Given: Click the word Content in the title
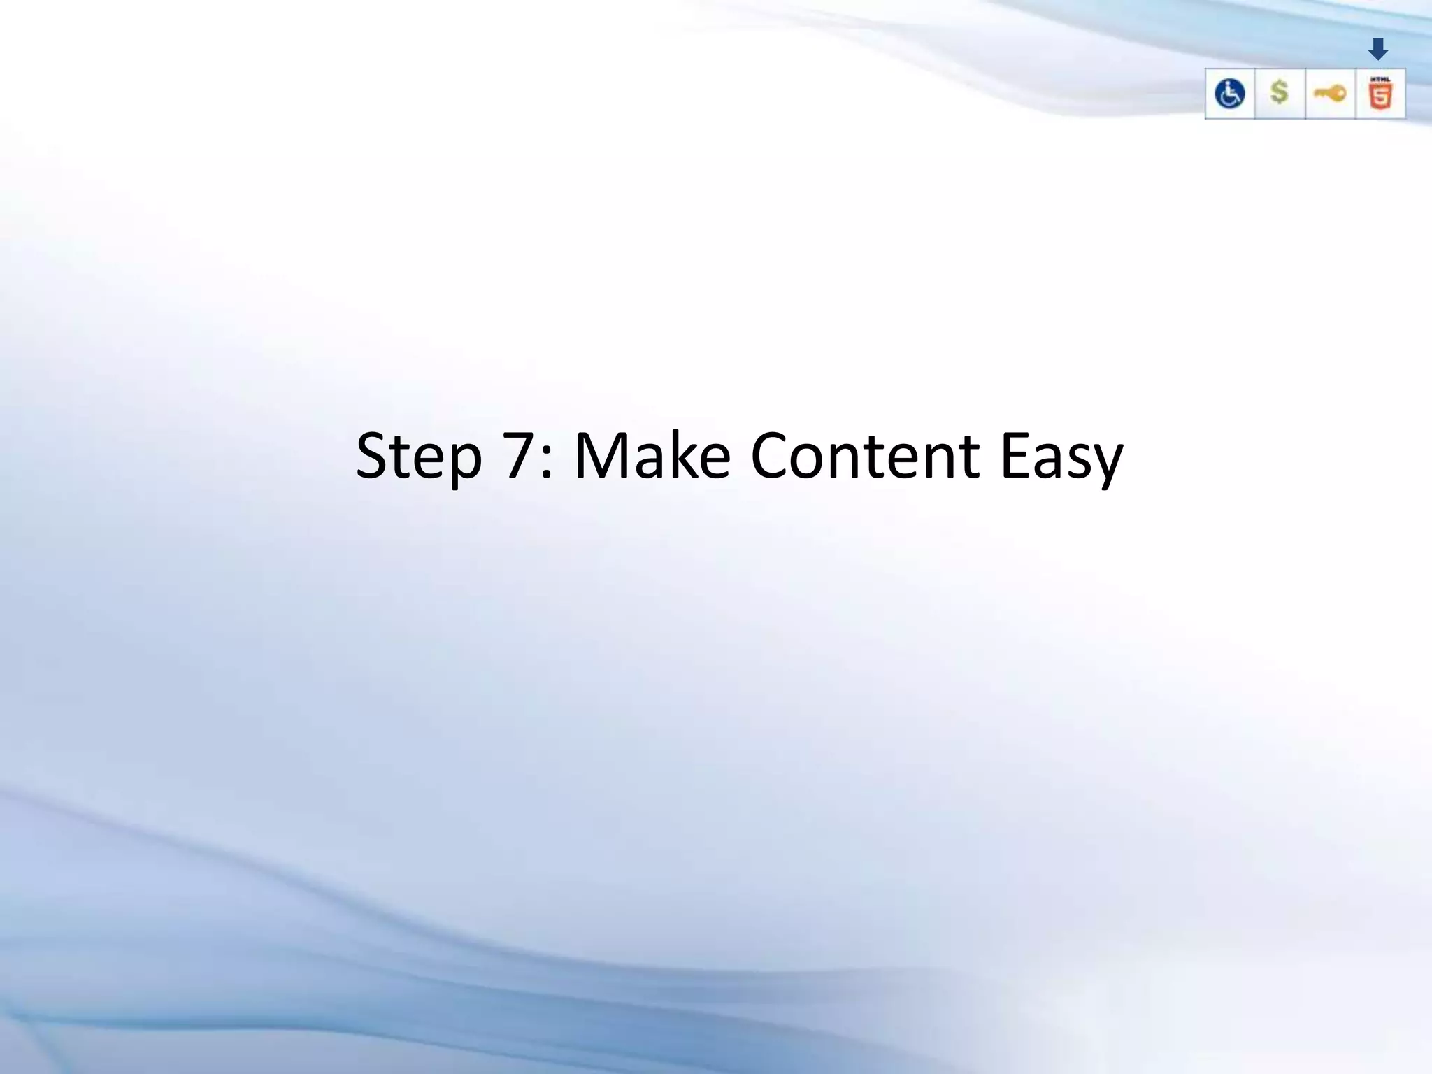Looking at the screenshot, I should click(x=865, y=456).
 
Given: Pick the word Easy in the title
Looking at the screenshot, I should click(x=1061, y=458).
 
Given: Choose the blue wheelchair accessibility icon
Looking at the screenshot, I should click(x=1229, y=94).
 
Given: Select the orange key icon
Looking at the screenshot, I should click(x=1330, y=93).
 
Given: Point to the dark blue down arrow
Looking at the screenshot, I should click(x=1378, y=49).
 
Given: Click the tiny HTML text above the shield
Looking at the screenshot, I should click(x=1380, y=79).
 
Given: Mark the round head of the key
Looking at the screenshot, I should click(x=1338, y=93).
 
